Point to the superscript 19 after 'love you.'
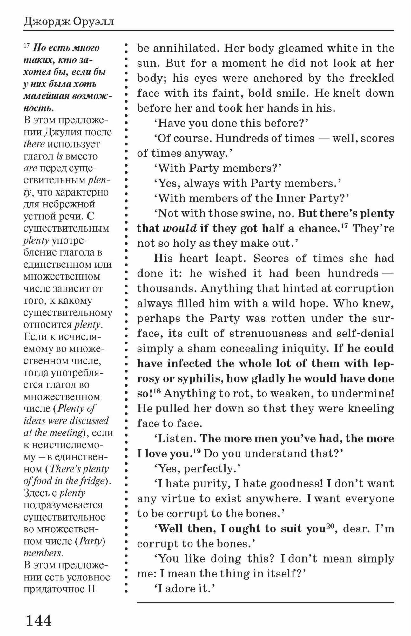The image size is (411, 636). pos(196,451)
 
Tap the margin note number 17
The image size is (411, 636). pos(26,46)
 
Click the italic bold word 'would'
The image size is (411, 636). pos(180,228)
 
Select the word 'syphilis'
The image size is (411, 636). pos(199,378)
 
